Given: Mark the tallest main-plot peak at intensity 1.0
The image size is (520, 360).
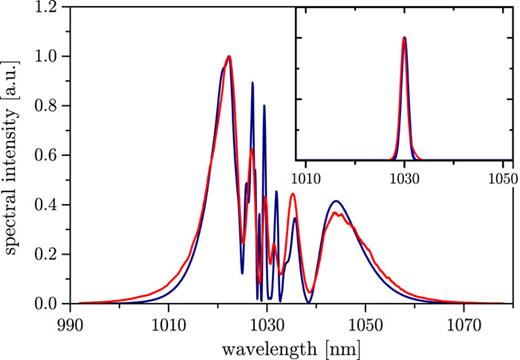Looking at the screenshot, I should pyautogui.click(x=229, y=57).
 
